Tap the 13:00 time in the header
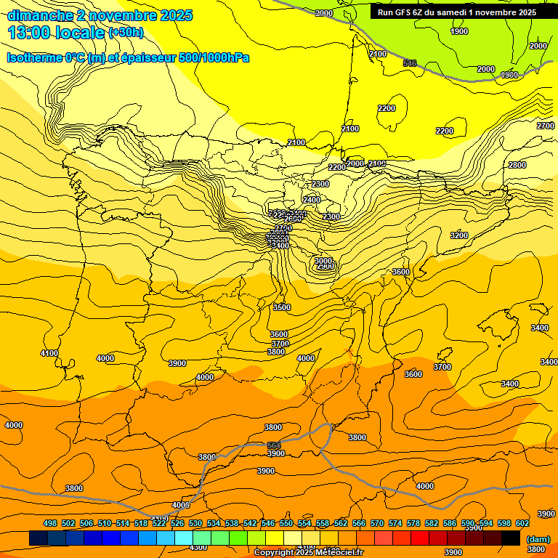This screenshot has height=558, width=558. click(x=30, y=33)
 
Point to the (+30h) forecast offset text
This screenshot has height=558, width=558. click(x=126, y=33)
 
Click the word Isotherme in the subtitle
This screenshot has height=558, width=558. click(x=34, y=57)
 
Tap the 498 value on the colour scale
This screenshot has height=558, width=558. click(x=50, y=523)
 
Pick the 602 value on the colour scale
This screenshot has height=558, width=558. click(x=522, y=523)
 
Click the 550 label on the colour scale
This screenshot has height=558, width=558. click(x=286, y=523)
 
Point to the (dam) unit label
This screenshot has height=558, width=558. click(x=538, y=538)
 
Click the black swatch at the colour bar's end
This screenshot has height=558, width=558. click(x=511, y=538)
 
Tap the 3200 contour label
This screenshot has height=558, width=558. click(x=459, y=235)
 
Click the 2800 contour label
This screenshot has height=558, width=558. click(x=517, y=166)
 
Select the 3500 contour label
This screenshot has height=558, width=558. click(x=282, y=307)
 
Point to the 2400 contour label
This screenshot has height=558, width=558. click(x=312, y=200)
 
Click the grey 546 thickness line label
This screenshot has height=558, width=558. click(x=410, y=64)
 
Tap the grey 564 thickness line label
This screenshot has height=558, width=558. click(x=274, y=445)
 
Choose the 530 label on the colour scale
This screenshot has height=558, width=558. click(x=195, y=523)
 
